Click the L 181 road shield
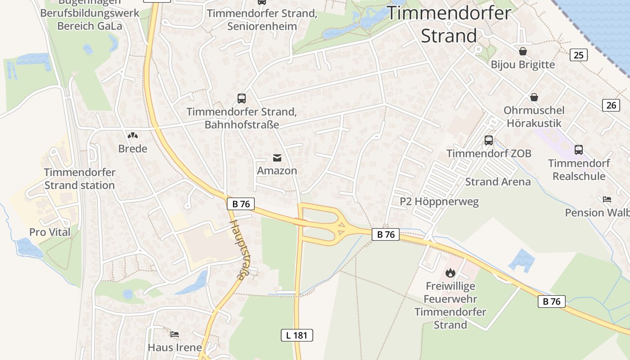point(297,335)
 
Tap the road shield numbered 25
point(578,55)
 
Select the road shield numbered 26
point(611,105)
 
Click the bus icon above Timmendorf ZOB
point(489,140)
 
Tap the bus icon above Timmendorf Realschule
point(579,149)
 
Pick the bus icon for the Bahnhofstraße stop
point(242,98)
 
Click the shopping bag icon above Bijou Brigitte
point(523,51)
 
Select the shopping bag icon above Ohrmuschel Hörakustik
point(534,97)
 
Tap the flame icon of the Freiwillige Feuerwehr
point(450,273)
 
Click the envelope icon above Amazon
point(277,157)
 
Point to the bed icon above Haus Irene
point(175,334)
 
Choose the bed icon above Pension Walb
point(607,199)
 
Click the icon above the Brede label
point(132,135)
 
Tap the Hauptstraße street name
point(239,250)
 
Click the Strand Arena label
point(498,182)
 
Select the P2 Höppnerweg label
point(439,202)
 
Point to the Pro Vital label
point(50,232)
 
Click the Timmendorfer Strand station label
point(80,179)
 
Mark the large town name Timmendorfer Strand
point(449,24)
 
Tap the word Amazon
point(277,171)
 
